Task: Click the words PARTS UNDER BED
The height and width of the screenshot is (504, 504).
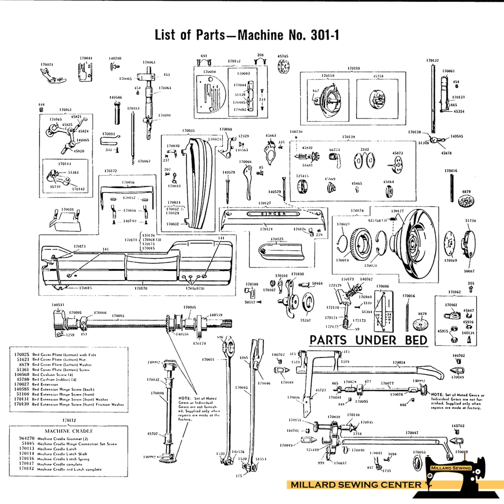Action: [x=368, y=340]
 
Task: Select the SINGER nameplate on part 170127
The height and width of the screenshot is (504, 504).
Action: [x=273, y=214]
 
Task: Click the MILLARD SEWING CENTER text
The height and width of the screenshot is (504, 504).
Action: [x=356, y=485]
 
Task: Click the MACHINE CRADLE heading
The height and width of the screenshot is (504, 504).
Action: [x=69, y=431]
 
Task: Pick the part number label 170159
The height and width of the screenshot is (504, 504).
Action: [x=353, y=68]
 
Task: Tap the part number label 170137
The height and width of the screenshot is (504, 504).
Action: [x=432, y=60]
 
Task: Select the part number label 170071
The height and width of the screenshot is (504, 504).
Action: [x=47, y=65]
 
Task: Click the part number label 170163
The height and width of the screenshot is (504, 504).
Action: [x=65, y=110]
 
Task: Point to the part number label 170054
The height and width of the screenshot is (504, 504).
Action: [x=399, y=363]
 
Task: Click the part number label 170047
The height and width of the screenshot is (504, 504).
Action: [x=412, y=433]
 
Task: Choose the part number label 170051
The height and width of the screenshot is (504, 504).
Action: [x=208, y=359]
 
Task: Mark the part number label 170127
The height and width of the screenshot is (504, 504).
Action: [x=265, y=203]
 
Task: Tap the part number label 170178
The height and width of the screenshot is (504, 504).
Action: [x=357, y=211]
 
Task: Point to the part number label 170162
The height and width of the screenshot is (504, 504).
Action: [x=454, y=292]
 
